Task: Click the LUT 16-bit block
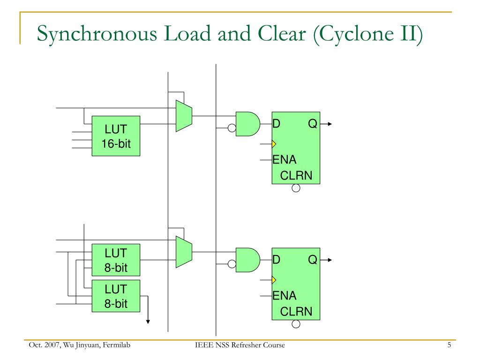(x=116, y=136)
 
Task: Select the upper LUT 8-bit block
(x=116, y=260)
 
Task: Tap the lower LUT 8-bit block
(x=116, y=296)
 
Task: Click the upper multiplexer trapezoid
(x=184, y=116)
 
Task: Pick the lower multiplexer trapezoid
(x=184, y=252)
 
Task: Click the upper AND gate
(x=248, y=124)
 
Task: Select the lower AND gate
(x=248, y=260)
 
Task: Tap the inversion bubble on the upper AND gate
(x=232, y=128)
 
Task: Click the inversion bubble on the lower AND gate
(x=232, y=264)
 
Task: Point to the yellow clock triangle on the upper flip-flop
(x=274, y=144)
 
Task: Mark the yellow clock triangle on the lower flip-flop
(x=274, y=280)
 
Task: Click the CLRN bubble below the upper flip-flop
(x=296, y=188)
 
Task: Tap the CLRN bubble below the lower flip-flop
(x=296, y=324)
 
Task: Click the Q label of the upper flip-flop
(x=313, y=124)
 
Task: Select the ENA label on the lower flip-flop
(x=285, y=296)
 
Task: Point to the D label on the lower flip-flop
(x=276, y=260)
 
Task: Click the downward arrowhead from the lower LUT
(x=148, y=322)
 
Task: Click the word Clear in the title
(x=282, y=33)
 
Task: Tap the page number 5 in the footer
(x=449, y=345)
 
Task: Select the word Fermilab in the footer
(x=116, y=345)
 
